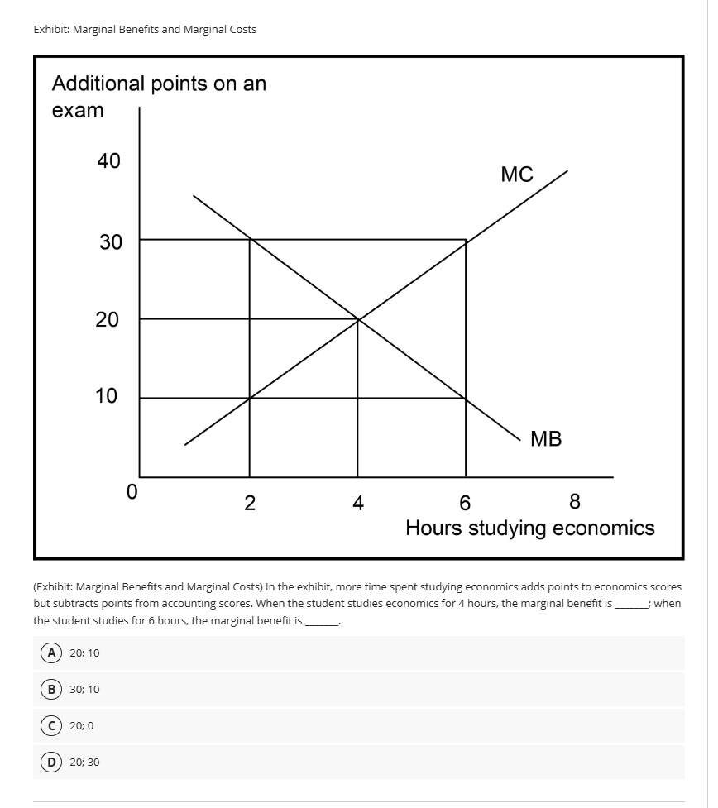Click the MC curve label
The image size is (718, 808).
[517, 175]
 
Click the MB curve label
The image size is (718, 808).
[546, 439]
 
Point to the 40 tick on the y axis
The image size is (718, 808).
[108, 161]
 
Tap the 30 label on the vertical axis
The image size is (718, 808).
[110, 242]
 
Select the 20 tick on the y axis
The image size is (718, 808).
[108, 319]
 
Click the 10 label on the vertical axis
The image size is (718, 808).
[107, 396]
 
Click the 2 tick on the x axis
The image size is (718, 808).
[250, 502]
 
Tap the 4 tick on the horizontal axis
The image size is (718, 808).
[357, 502]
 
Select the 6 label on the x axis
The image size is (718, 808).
[465, 502]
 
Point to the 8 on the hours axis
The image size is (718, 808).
[575, 501]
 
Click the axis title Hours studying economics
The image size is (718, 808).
[529, 528]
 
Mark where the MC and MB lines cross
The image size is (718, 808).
[358, 318]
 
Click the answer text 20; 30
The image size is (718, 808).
[84, 762]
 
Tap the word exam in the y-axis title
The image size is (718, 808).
[78, 110]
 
